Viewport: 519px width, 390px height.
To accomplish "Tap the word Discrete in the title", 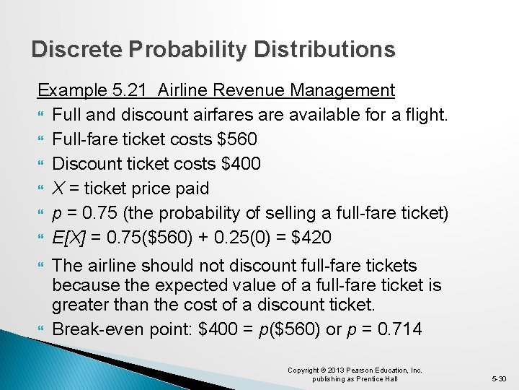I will tap(77, 49).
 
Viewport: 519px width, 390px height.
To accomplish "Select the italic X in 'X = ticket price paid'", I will tap(58, 188).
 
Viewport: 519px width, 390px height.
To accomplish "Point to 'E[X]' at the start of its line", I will tap(69, 238).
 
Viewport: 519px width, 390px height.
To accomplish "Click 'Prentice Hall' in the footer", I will tap(383, 378).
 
